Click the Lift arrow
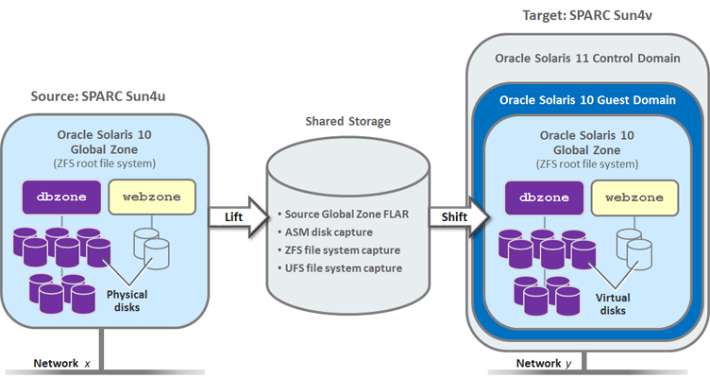pyautogui.click(x=232, y=217)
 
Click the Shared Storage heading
pyautogui.click(x=347, y=122)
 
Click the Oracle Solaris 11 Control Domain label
pyautogui.click(x=587, y=59)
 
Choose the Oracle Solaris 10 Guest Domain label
pyautogui.click(x=587, y=99)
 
